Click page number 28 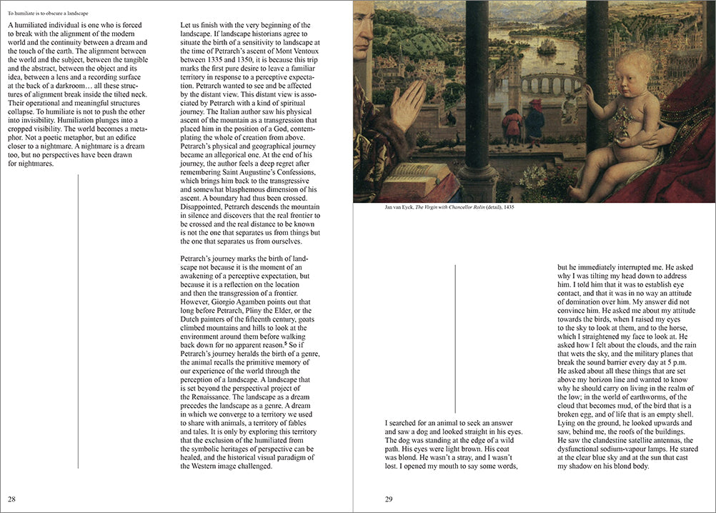12,498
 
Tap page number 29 389,499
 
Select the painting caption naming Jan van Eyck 442,207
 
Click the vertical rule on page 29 455,335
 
